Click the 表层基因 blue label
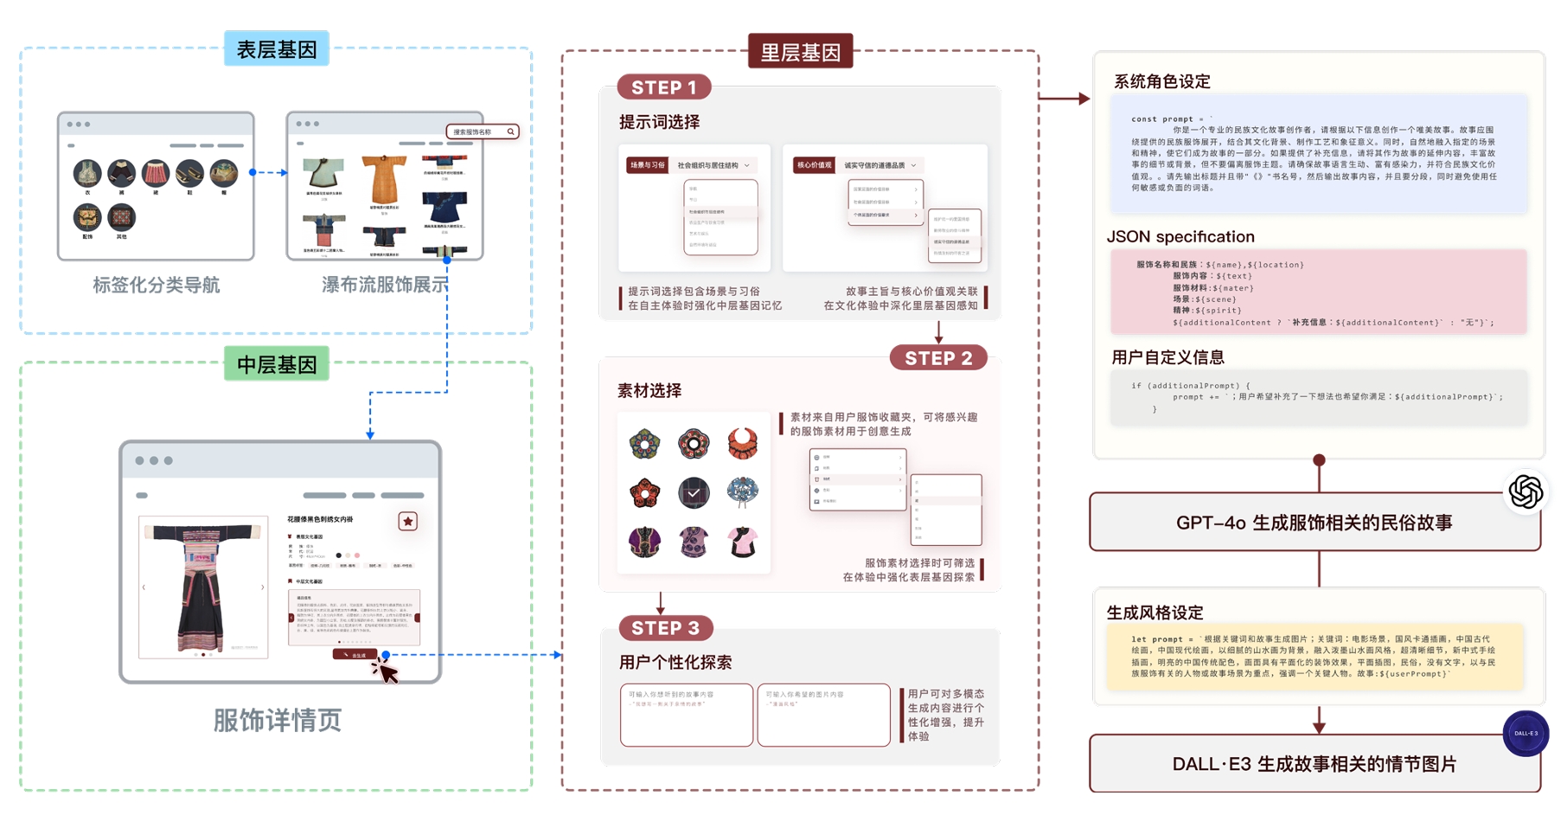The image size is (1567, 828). click(276, 49)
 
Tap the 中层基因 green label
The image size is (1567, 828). click(276, 364)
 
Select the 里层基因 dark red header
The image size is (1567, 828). click(800, 52)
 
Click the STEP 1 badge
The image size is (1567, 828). click(663, 87)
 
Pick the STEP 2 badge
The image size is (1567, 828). click(938, 358)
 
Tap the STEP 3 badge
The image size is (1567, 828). click(665, 628)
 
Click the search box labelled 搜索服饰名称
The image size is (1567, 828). click(482, 132)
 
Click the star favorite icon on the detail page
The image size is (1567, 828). click(408, 521)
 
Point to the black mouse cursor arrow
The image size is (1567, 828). click(385, 671)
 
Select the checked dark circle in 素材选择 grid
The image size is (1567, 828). click(694, 493)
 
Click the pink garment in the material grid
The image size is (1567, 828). click(742, 542)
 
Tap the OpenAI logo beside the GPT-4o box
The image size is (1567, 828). click(1525, 491)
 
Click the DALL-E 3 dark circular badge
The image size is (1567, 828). click(1525, 733)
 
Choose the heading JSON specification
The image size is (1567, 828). click(1180, 236)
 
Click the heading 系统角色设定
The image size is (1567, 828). click(1161, 81)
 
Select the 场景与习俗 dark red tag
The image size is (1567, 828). click(647, 165)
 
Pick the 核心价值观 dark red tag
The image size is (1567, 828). click(814, 165)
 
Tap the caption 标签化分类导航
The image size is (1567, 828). click(157, 285)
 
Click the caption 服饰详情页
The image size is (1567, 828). click(278, 720)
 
